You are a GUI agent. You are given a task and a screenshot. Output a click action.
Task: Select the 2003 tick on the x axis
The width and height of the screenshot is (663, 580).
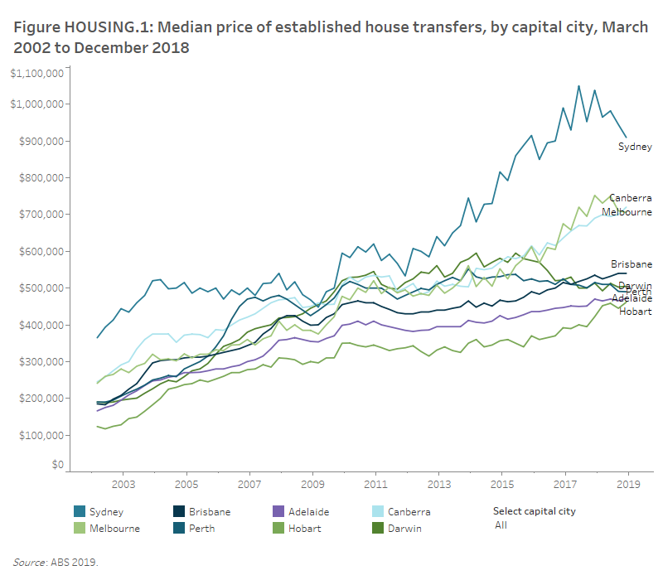123,483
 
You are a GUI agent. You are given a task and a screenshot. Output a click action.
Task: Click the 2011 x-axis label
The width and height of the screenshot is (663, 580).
375,483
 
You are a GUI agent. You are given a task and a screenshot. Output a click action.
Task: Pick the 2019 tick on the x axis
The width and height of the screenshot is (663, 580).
628,483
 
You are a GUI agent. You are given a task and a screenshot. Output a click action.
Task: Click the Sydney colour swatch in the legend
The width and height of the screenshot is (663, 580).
79,512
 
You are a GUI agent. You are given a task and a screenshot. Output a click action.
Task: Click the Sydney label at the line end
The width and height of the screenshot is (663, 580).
635,147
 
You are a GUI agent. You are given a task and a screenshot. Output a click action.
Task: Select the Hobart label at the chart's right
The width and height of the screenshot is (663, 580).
635,312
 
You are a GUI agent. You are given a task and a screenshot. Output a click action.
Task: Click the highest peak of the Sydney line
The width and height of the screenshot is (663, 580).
578,85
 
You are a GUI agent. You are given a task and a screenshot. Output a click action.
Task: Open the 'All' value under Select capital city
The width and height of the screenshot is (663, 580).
500,525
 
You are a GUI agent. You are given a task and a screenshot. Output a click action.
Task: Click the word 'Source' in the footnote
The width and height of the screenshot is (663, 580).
29,562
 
